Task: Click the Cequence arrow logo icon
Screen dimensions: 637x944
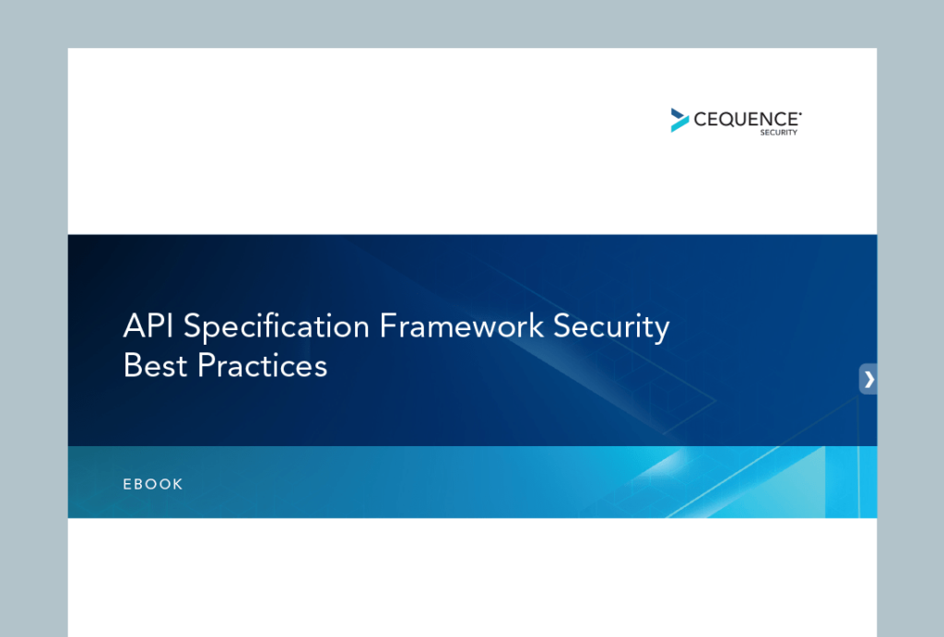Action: click(x=679, y=120)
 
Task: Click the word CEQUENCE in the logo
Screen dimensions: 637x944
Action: click(x=746, y=119)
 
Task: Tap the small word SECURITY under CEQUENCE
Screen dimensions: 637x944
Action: click(x=778, y=133)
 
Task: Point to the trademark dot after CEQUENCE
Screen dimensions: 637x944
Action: click(x=799, y=112)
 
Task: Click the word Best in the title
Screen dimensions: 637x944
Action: click(x=153, y=366)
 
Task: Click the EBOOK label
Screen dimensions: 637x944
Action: click(x=153, y=484)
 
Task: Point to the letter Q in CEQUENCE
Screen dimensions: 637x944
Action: click(x=727, y=119)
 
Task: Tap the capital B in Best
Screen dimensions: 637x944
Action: click(x=132, y=366)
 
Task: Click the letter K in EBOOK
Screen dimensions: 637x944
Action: click(x=178, y=484)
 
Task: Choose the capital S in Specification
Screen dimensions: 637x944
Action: click(x=194, y=327)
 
